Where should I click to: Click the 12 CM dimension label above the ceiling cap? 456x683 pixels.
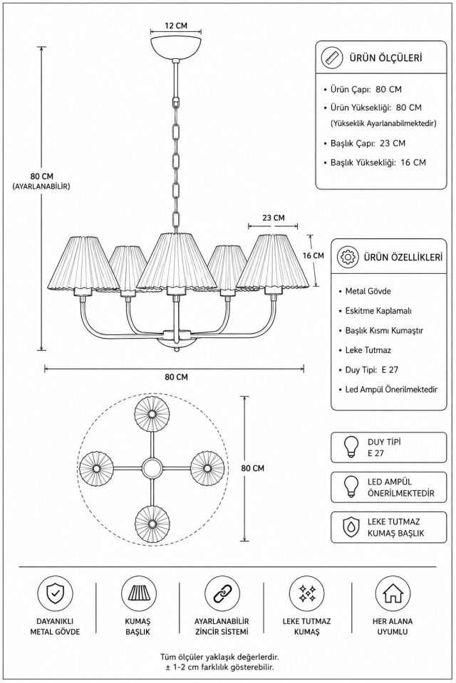point(176,26)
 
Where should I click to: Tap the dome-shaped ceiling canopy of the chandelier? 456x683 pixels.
point(176,48)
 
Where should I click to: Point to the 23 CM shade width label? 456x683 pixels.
point(274,218)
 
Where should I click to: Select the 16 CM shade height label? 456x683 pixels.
point(313,255)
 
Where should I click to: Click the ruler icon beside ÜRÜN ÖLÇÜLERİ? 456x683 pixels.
point(332,58)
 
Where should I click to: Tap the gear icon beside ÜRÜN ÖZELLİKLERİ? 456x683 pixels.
point(348,257)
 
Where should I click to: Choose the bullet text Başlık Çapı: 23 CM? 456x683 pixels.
point(368,143)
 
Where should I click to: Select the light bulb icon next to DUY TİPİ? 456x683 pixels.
point(350,448)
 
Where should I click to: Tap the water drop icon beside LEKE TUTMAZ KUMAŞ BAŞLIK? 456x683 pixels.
point(350,527)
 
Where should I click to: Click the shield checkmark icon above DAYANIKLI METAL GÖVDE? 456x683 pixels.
point(55,593)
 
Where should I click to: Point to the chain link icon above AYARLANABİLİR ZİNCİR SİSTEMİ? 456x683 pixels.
point(222,593)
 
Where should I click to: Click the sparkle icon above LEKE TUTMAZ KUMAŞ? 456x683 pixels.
point(307,593)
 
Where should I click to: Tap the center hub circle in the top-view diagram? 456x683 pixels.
point(152,469)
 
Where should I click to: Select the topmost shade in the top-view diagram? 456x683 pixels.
point(152,413)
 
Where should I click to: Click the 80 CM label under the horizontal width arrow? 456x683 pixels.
point(176,377)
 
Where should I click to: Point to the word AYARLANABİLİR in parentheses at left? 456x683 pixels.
point(41,186)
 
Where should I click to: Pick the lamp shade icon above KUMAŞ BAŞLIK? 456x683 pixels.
point(138,593)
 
